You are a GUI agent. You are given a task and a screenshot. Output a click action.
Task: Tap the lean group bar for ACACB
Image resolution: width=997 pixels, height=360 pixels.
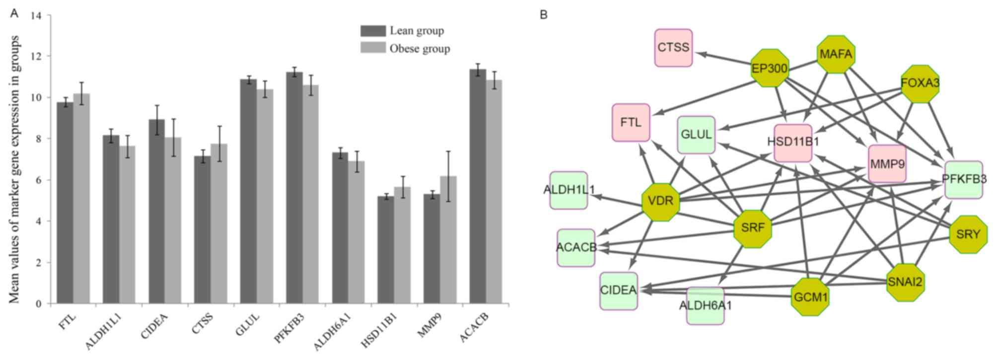pyautogui.click(x=478, y=186)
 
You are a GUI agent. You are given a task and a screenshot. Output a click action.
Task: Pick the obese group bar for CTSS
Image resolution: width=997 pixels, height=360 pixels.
pyautogui.click(x=219, y=223)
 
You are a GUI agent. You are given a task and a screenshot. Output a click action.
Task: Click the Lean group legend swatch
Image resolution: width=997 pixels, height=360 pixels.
pyautogui.click(x=373, y=31)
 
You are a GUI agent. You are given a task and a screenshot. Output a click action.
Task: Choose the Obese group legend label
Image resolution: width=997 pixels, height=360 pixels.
pyautogui.click(x=420, y=49)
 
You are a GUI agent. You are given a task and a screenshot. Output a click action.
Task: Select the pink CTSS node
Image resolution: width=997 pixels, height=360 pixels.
pyautogui.click(x=673, y=48)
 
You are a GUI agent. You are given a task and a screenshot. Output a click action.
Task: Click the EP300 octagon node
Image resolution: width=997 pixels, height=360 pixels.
pyautogui.click(x=770, y=68)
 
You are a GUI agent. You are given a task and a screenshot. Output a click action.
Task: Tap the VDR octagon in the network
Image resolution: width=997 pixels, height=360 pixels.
pyautogui.click(x=661, y=201)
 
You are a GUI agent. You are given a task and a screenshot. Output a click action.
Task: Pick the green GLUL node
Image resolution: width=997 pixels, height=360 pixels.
pyautogui.click(x=696, y=135)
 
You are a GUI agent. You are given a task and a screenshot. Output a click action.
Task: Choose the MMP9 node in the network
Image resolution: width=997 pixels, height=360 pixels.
pyautogui.click(x=887, y=163)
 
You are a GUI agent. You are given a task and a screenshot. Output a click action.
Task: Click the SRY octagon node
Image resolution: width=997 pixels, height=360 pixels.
pyautogui.click(x=968, y=234)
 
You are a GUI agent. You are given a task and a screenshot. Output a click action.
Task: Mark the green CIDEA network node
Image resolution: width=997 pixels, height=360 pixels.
pyautogui.click(x=618, y=290)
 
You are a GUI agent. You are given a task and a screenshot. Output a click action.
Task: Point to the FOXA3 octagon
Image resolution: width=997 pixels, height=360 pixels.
pyautogui.click(x=920, y=83)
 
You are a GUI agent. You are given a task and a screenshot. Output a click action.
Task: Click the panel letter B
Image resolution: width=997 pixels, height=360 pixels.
pyautogui.click(x=544, y=15)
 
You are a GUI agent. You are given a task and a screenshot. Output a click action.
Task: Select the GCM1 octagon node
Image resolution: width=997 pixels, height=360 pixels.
pyautogui.click(x=810, y=297)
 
